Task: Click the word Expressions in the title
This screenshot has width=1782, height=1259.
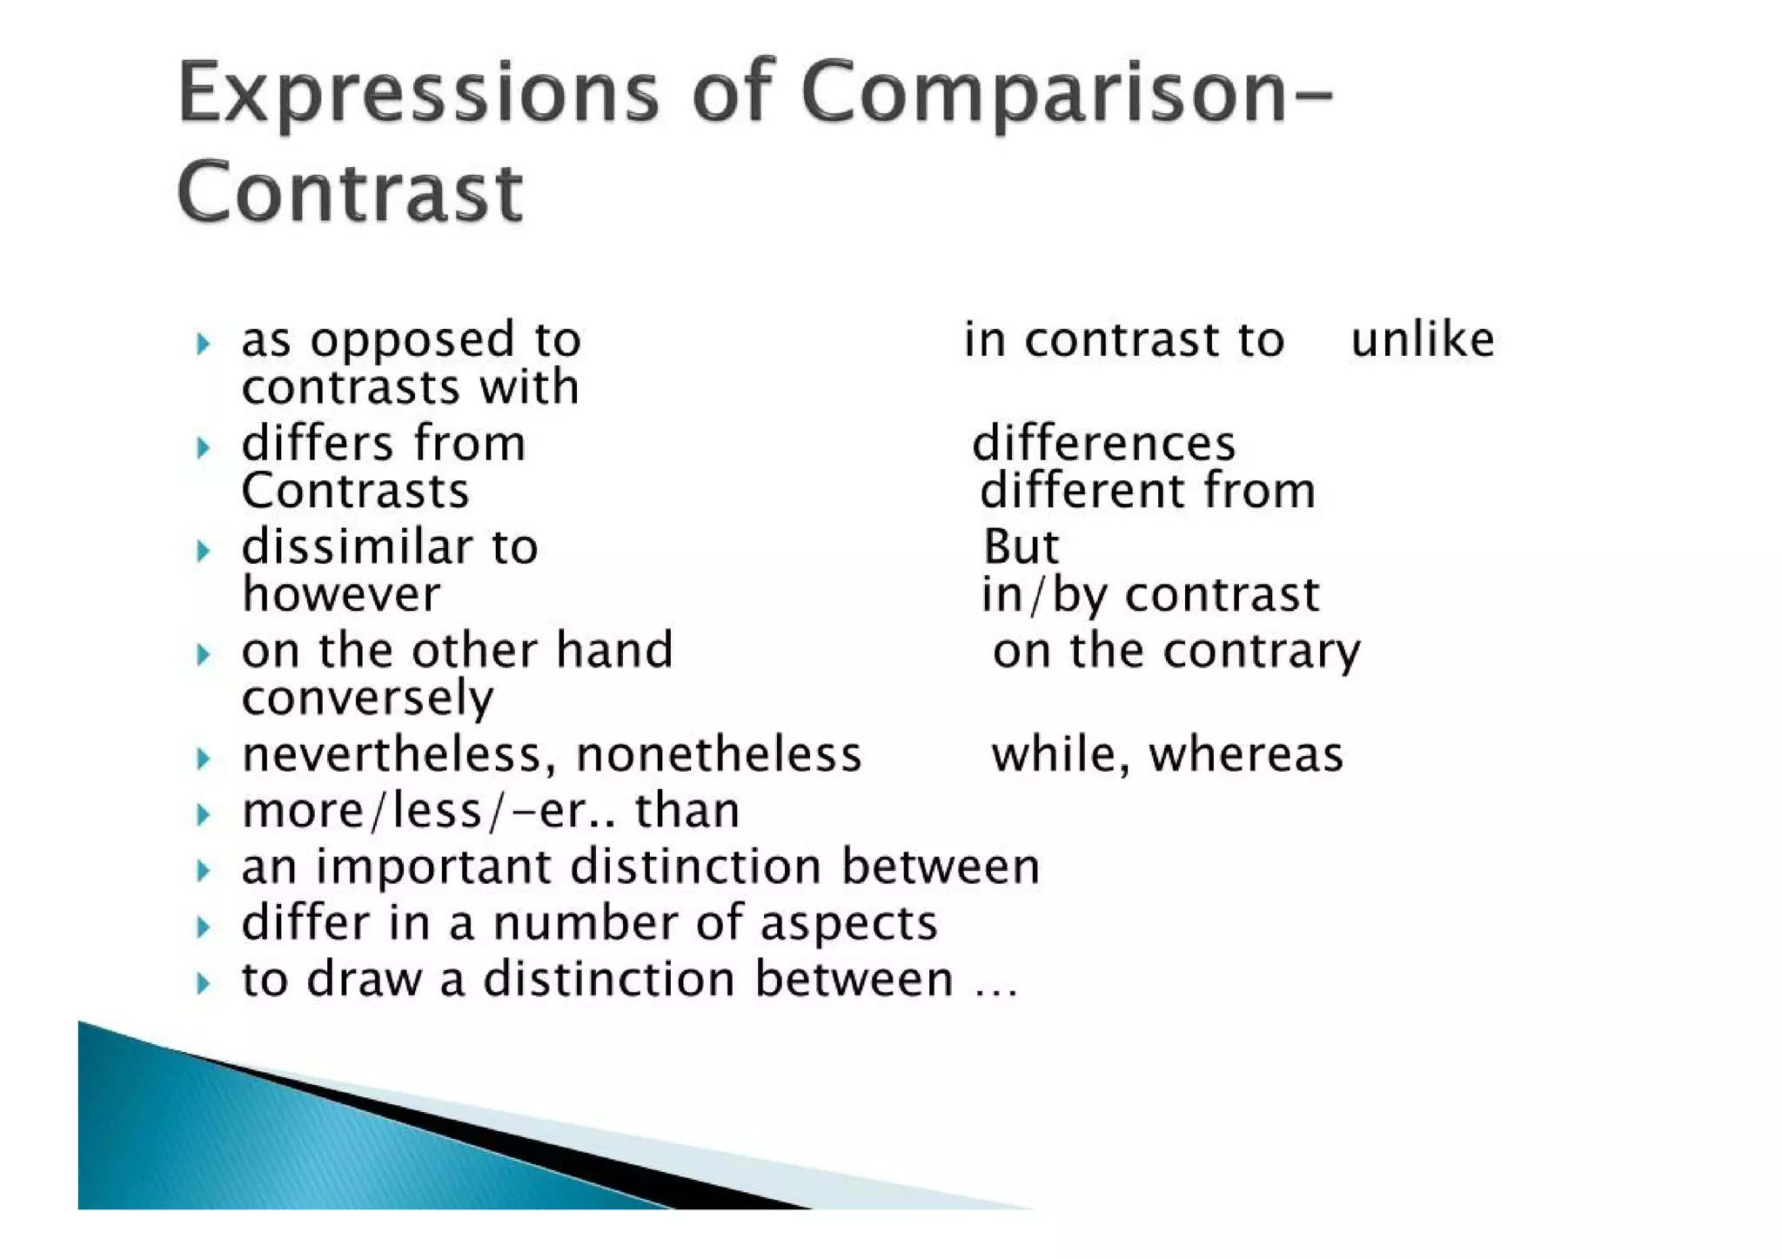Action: [418, 94]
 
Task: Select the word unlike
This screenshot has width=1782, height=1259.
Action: [1422, 339]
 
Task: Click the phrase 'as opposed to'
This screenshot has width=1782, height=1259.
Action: [411, 339]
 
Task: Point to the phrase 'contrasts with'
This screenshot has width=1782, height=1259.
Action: [410, 386]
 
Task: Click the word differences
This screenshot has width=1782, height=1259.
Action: [1103, 444]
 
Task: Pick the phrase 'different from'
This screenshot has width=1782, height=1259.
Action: [1147, 491]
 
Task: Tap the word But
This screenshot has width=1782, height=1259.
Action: [1021, 547]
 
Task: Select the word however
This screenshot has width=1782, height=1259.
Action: [341, 594]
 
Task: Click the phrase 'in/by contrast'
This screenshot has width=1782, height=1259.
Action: [1149, 594]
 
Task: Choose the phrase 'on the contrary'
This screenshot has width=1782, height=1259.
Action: [1176, 651]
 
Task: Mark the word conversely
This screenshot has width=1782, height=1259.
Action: [367, 698]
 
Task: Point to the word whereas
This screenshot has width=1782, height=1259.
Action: [1246, 754]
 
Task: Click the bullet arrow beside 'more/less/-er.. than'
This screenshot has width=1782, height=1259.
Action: [204, 814]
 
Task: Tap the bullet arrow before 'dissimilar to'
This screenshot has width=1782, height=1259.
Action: [204, 551]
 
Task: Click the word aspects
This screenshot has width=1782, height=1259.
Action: [848, 923]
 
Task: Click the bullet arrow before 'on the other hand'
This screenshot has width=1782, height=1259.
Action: [204, 654]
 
